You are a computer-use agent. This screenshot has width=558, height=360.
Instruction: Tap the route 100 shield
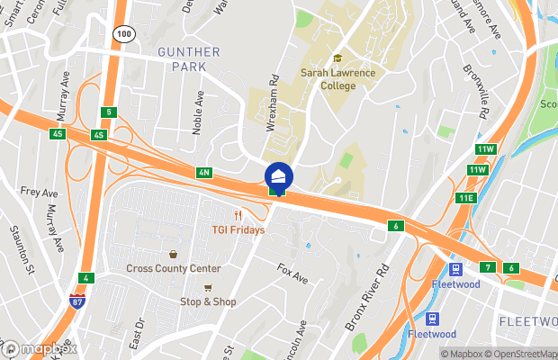[x=122, y=32]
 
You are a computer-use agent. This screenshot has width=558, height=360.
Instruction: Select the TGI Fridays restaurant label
[x=238, y=229]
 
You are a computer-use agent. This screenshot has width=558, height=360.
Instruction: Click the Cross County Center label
[x=174, y=268]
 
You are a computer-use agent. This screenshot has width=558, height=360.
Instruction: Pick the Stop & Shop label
[x=208, y=301]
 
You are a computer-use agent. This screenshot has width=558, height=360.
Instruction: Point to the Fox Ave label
[x=292, y=274]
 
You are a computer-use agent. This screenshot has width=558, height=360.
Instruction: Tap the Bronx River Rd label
[x=371, y=297]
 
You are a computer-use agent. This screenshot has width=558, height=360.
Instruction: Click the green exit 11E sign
[x=465, y=198]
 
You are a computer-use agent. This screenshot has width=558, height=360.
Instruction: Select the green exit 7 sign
[x=488, y=267]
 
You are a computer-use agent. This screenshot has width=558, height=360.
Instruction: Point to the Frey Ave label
[x=38, y=191]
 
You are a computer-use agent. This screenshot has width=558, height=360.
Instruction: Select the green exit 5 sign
[x=109, y=112]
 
